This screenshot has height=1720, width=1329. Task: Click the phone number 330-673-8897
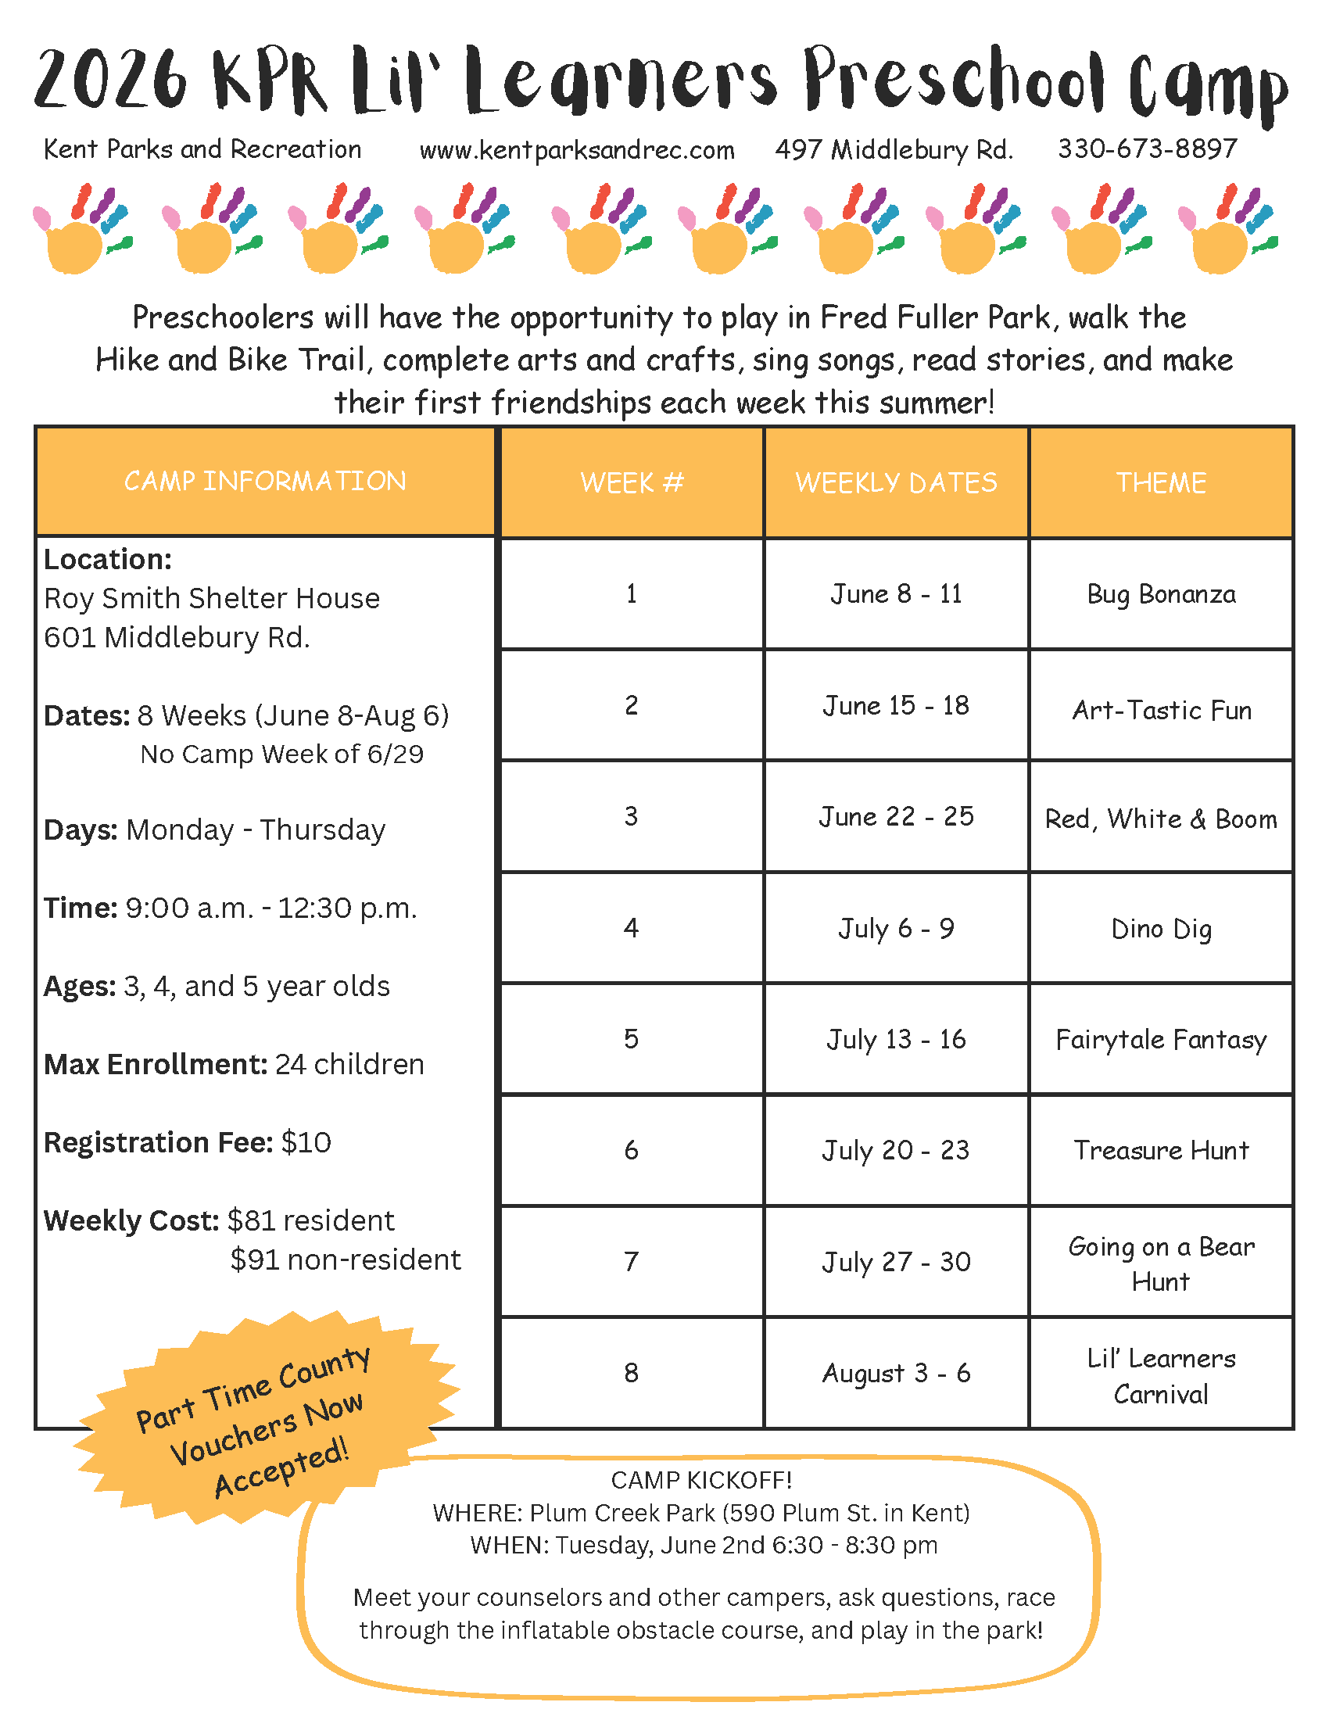1147,149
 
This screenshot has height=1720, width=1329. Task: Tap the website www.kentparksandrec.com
576,149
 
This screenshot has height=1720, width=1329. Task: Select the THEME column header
1160,482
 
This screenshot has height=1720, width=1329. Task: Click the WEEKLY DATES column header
896,482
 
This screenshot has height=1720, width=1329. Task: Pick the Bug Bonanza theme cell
1160,594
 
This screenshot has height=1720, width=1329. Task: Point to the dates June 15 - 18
896,706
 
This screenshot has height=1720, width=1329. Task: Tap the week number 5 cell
631,1040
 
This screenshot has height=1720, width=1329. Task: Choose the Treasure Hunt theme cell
1160,1151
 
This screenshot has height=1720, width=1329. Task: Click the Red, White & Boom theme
1160,819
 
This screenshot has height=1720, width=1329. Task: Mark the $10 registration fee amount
306,1143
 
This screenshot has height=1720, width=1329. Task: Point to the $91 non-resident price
345,1260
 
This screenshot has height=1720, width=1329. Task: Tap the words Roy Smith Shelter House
212,599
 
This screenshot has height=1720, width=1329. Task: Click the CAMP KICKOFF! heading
700,1481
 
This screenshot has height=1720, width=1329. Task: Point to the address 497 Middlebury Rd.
894,149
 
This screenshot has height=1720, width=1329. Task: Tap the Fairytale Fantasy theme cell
1160,1040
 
